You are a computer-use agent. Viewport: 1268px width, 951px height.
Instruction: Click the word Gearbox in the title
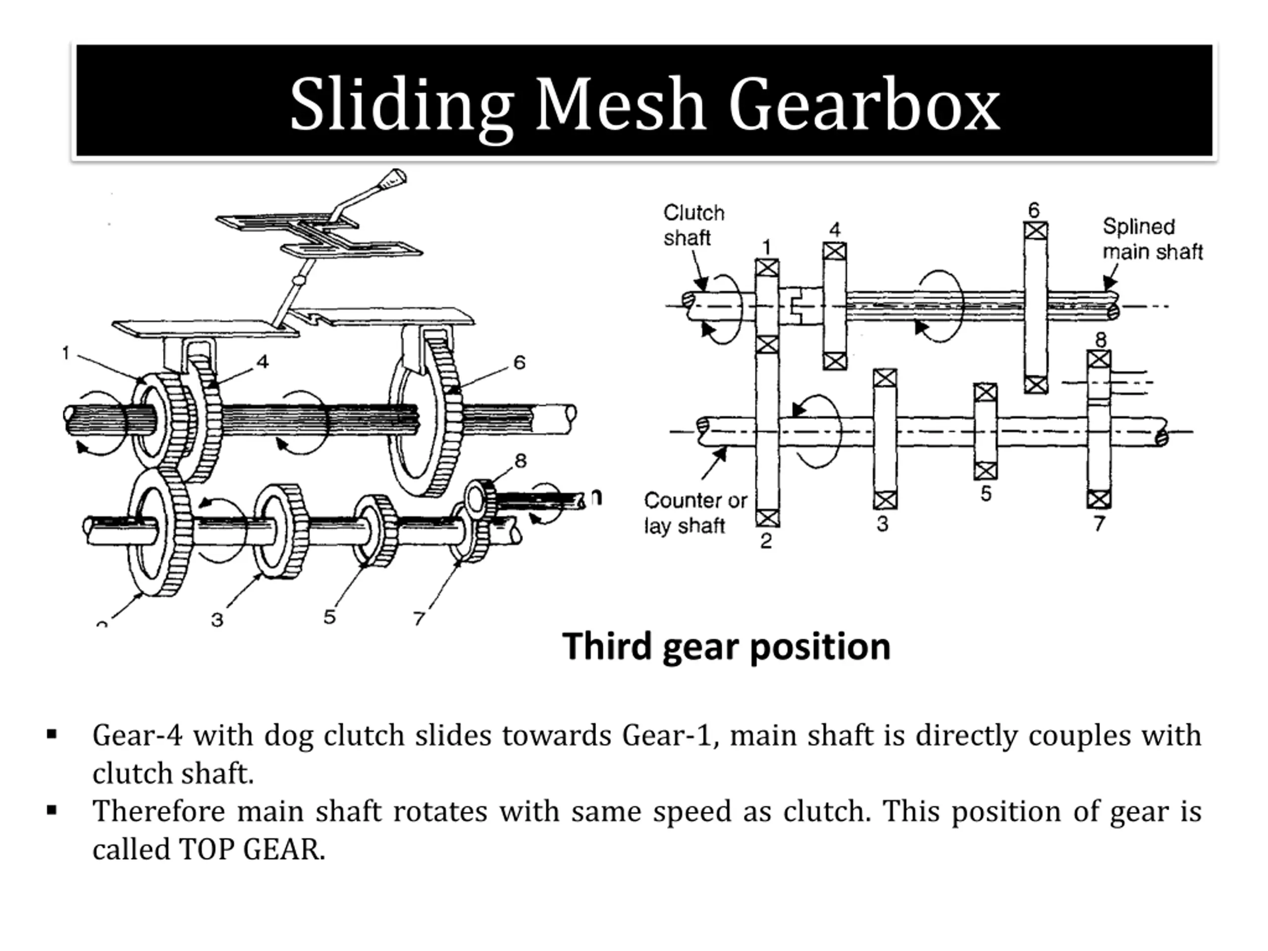(x=864, y=106)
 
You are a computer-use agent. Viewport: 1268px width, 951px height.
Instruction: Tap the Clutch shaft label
(x=693, y=225)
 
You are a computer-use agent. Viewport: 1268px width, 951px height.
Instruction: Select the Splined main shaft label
(x=1152, y=239)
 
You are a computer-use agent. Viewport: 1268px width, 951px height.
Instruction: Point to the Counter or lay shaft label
(x=695, y=513)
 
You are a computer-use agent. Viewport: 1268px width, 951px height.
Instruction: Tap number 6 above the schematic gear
(x=1034, y=211)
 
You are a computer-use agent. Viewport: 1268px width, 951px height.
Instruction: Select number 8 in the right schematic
(x=1101, y=340)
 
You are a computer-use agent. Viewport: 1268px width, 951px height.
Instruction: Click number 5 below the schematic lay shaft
(x=985, y=493)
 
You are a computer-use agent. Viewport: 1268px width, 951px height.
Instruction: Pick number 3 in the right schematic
(x=882, y=524)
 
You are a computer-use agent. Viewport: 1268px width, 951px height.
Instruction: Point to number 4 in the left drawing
(x=263, y=362)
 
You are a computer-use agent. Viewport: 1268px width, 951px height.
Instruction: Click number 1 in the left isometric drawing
(x=66, y=354)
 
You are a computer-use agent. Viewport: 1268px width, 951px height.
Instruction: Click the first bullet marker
(x=52, y=735)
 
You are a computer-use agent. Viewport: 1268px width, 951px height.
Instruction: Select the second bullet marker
(x=52, y=810)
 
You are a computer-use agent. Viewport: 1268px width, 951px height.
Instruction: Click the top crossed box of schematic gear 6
(x=1035, y=231)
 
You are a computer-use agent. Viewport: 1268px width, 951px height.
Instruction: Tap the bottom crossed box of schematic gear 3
(x=885, y=500)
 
